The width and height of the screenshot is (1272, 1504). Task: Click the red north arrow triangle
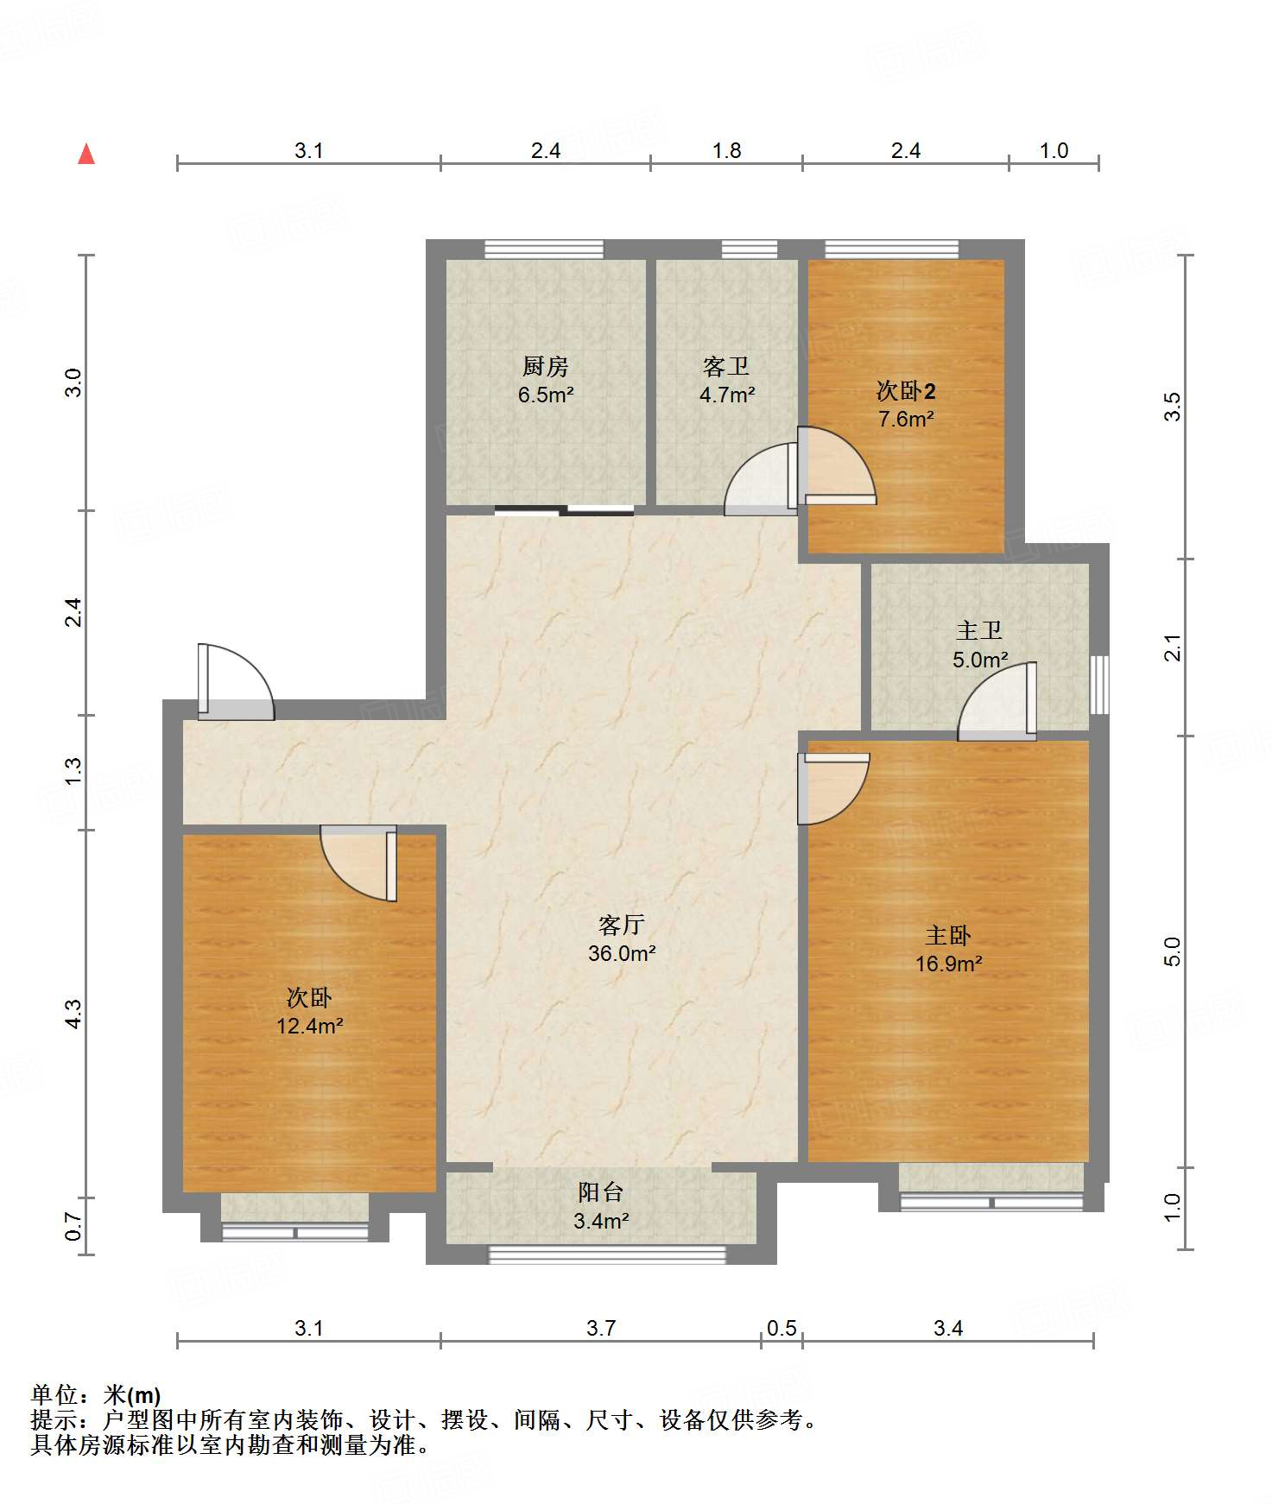pyautogui.click(x=86, y=154)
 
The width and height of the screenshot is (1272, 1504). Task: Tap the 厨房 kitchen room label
pyautogui.click(x=546, y=366)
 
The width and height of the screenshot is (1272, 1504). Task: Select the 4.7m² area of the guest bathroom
pyautogui.click(x=727, y=395)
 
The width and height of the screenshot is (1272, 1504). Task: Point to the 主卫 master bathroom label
pyautogui.click(x=980, y=630)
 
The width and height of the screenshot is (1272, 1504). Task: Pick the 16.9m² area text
pyautogui.click(x=949, y=964)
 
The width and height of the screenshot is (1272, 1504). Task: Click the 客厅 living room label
pyautogui.click(x=622, y=925)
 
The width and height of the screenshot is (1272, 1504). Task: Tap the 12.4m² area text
pyautogui.click(x=310, y=1026)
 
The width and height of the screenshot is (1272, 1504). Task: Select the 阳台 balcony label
pyautogui.click(x=601, y=1192)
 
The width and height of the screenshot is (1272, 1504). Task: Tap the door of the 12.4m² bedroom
pyautogui.click(x=358, y=863)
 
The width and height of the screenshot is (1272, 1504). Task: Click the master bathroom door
pyautogui.click(x=997, y=701)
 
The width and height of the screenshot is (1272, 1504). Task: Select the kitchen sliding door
pyautogui.click(x=565, y=510)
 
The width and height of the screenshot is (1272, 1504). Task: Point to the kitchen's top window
pyautogui.click(x=544, y=249)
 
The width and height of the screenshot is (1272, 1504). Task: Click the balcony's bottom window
pyautogui.click(x=608, y=1254)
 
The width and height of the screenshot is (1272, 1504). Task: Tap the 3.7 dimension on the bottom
pyautogui.click(x=601, y=1328)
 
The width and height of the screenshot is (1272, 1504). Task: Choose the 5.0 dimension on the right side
pyautogui.click(x=1172, y=951)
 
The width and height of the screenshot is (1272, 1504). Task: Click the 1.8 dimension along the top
pyautogui.click(x=727, y=150)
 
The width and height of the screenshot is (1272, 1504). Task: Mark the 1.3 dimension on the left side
pyautogui.click(x=73, y=771)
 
